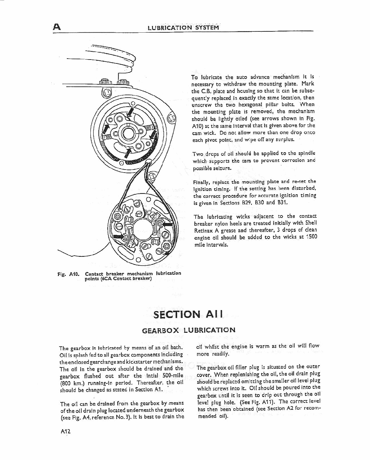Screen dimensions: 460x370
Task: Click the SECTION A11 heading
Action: pos(188,314)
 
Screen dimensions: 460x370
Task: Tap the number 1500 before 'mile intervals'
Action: pos(310,237)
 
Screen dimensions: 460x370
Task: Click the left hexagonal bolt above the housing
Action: pos(104,82)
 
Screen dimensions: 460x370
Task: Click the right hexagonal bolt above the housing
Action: pos(123,82)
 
